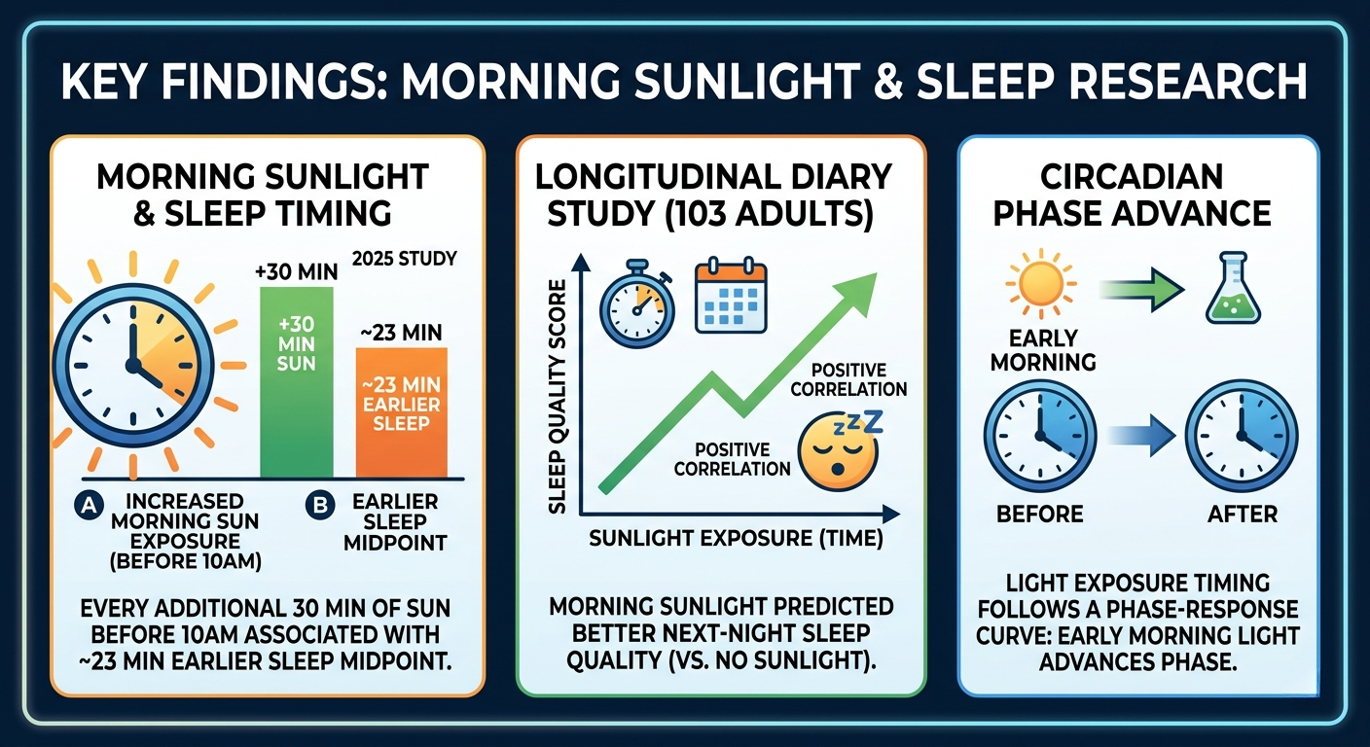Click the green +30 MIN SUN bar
pos(297,382)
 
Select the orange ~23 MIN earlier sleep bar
pos(401,412)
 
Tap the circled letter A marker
pos(89,506)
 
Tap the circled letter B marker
pos(320,506)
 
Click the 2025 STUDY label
pos(404,259)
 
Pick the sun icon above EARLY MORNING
pos(1040,285)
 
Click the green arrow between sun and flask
pos(1141,289)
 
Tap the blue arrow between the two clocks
pos(1141,436)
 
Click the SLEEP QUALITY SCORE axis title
pos(556,397)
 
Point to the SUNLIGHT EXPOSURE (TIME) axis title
pos(736,538)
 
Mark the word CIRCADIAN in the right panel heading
pos(1132,178)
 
